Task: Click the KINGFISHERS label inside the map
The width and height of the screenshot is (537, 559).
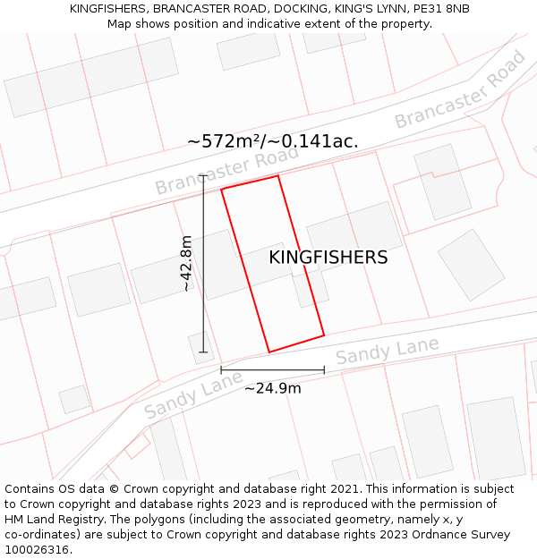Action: (328, 258)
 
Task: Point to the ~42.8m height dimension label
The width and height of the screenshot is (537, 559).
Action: (186, 264)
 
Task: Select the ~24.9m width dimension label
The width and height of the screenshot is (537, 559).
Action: (272, 388)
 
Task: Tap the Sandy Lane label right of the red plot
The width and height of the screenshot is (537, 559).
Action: (388, 351)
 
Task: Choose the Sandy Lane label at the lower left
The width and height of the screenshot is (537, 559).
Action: (193, 398)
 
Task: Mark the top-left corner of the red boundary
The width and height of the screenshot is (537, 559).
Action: (222, 189)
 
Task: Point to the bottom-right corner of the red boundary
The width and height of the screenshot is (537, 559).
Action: (324, 335)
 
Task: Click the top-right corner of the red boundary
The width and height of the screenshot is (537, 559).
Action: (278, 175)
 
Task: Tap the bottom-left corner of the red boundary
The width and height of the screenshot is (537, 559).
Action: (268, 351)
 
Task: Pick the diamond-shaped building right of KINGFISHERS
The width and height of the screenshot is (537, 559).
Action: (472, 264)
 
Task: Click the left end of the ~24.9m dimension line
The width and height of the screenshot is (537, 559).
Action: (221, 369)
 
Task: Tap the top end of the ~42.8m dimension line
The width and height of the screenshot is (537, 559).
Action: (203, 176)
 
